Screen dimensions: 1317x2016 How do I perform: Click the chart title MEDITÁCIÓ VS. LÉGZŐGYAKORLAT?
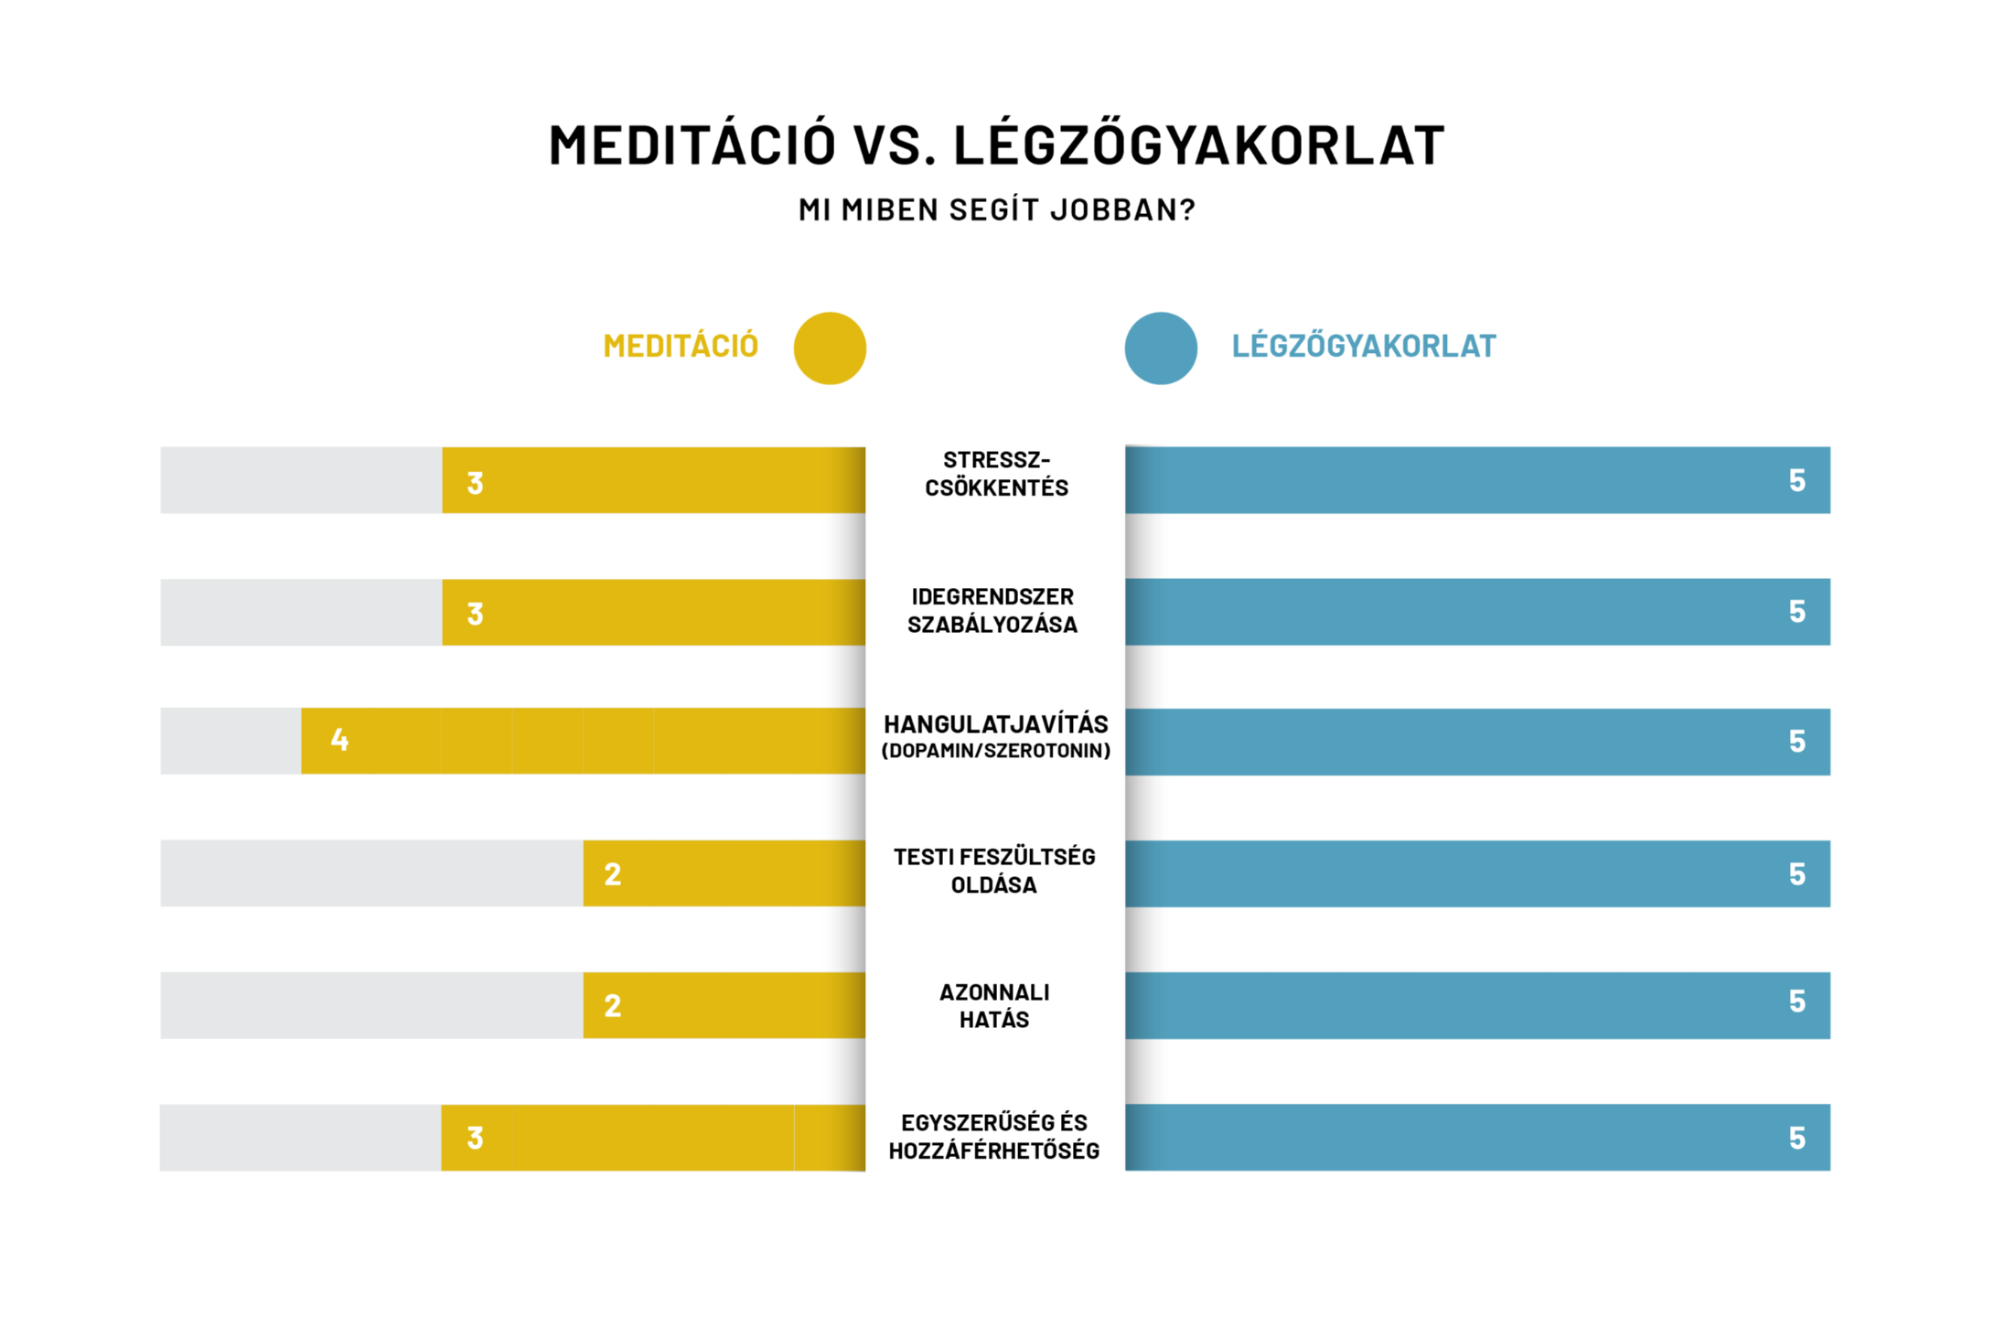996,145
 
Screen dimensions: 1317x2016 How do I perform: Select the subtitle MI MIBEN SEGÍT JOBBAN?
996,210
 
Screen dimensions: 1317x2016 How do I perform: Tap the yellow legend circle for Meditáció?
830,348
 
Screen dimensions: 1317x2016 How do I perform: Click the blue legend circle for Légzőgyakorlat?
1161,348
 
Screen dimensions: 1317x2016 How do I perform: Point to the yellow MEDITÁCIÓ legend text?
681,347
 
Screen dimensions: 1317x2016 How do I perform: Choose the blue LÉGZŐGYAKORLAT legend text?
1363,347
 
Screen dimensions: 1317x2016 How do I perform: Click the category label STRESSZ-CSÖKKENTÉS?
996,474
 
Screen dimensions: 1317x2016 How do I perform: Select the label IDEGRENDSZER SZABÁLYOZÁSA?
992,611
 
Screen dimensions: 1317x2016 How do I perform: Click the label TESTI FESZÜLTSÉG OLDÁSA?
994,871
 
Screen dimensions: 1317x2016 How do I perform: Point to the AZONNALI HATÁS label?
994,1006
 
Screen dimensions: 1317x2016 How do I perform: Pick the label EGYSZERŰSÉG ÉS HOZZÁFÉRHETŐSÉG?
994,1137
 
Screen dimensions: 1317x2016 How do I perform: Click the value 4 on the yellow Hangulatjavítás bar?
339,740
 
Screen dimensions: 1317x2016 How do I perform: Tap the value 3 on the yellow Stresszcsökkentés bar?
475,483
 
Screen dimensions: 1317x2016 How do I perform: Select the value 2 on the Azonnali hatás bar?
613,1006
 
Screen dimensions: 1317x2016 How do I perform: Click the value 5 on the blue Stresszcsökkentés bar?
1796,481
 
